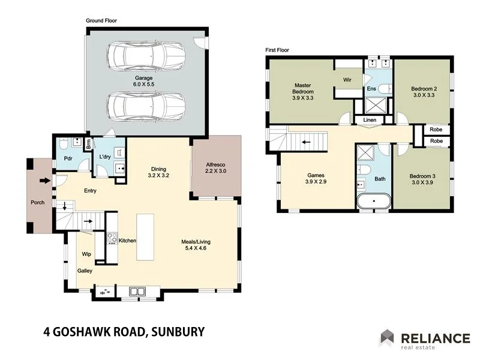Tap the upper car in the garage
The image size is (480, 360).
point(145,55)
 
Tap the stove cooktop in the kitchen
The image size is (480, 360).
point(112,238)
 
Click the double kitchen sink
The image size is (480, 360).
point(137,292)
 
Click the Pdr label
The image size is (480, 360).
point(68,159)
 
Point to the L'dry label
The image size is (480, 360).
point(105,157)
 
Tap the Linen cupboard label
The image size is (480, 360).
point(370,121)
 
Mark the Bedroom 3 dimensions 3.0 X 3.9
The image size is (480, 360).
point(424,182)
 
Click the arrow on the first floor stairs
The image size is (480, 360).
point(306,142)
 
